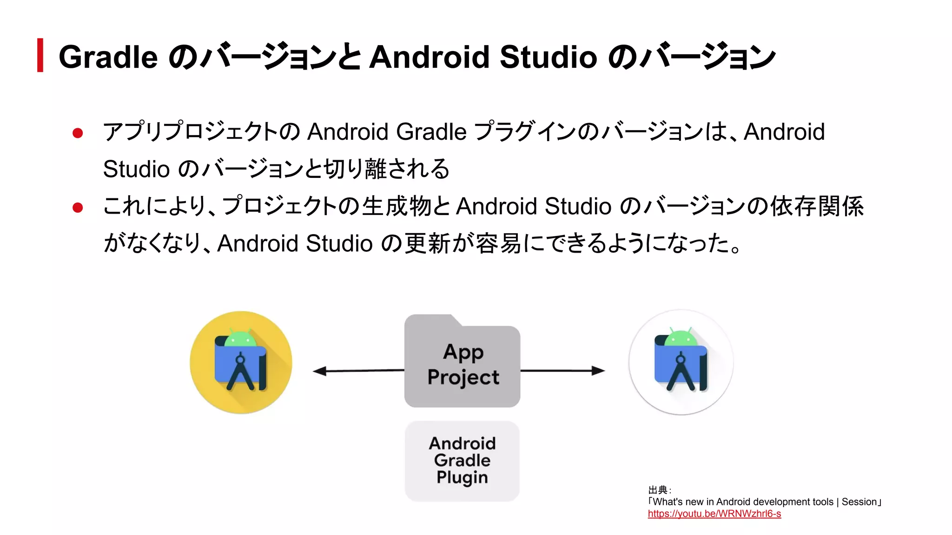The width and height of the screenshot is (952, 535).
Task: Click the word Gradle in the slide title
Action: click(108, 57)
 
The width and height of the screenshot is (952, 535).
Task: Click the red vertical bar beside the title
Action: click(40, 55)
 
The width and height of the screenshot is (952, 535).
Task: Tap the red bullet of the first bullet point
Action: click(78, 133)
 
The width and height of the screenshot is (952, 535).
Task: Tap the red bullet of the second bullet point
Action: click(78, 208)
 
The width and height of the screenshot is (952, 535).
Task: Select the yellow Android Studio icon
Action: click(241, 362)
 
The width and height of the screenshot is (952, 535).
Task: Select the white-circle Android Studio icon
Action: click(681, 362)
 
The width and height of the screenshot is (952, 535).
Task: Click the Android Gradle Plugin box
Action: click(462, 461)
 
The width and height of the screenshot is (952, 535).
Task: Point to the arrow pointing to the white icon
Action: click(562, 371)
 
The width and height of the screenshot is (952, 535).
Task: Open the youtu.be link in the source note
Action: click(714, 514)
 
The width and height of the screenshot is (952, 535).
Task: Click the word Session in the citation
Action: click(859, 502)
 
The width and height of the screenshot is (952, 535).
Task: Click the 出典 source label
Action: click(658, 490)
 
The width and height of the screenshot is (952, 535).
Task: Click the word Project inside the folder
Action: click(463, 377)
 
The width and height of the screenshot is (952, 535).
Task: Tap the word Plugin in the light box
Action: click(462, 477)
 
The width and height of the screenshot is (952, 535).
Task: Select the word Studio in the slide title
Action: click(548, 57)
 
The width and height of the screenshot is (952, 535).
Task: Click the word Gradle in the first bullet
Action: click(431, 132)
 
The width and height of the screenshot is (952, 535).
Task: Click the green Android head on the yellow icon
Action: click(240, 339)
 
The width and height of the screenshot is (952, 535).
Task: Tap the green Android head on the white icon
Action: click(681, 338)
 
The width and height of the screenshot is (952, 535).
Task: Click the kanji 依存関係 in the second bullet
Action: click(817, 206)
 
